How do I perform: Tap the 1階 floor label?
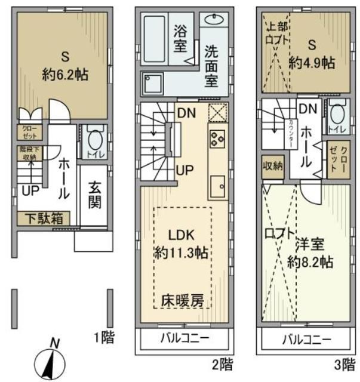pyautogui.click(x=103, y=337)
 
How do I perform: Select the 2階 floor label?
pyautogui.click(x=222, y=362)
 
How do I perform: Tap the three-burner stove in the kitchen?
pyautogui.click(x=216, y=139)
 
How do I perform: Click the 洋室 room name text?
pyautogui.click(x=309, y=245)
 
